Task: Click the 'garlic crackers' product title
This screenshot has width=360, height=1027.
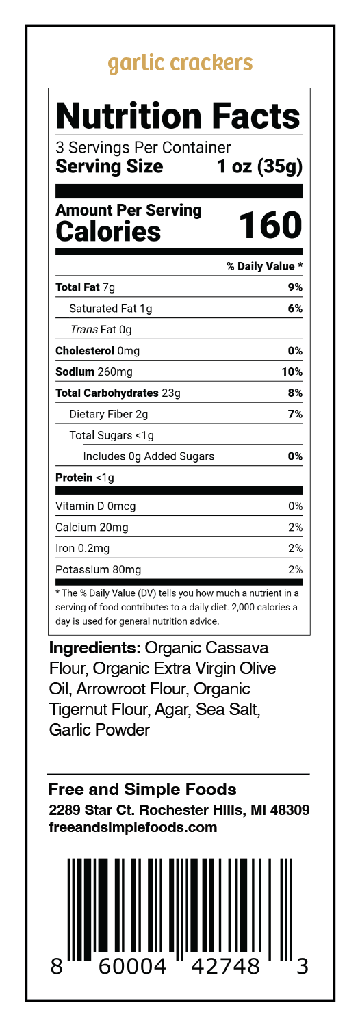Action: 180,64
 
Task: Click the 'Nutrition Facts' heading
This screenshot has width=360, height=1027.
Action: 179,116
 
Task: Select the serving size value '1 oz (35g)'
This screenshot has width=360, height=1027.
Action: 259,166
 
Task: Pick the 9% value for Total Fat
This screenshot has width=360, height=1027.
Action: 296,287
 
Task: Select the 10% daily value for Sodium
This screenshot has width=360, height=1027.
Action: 292,372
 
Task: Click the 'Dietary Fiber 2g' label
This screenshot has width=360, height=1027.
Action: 108,414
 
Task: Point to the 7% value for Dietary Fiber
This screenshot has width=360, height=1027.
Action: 296,414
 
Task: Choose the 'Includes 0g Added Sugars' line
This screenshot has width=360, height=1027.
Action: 149,456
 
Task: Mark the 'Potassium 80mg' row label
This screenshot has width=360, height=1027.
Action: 99,569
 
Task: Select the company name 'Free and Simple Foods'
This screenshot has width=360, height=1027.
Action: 142,790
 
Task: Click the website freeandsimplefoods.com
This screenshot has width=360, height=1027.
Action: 133,827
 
